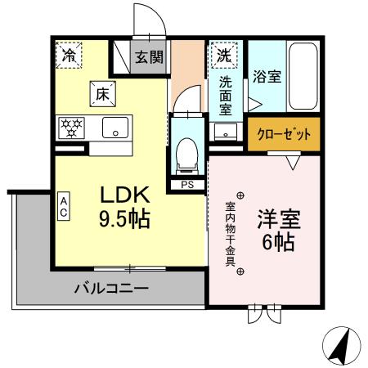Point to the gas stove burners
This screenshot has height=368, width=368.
pos(70,128)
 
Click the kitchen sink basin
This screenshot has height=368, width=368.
pos(114,128)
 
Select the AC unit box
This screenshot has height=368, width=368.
pos(63,205)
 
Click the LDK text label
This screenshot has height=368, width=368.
pos(124,196)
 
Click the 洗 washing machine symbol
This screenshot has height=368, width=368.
pos(223,56)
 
